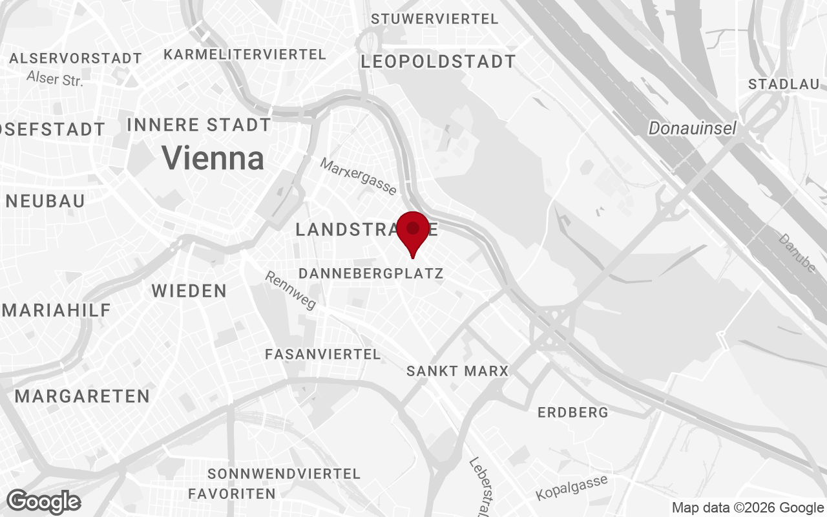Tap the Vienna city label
(x=213, y=158)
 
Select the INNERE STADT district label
(x=199, y=125)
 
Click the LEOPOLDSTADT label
(x=438, y=62)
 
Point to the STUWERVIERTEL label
(x=434, y=19)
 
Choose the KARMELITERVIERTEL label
(x=244, y=54)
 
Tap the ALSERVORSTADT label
(x=76, y=58)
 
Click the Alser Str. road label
(x=55, y=79)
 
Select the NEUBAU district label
(x=45, y=201)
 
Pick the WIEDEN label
(x=189, y=291)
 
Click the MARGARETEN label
(x=82, y=396)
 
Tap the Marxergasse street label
(x=358, y=176)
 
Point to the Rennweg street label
(x=291, y=290)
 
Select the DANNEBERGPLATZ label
(x=371, y=273)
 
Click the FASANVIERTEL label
(x=322, y=354)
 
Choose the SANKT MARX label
(x=457, y=372)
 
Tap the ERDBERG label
(x=572, y=412)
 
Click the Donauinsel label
(x=692, y=129)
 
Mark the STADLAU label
(x=783, y=84)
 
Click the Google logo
(x=43, y=501)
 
